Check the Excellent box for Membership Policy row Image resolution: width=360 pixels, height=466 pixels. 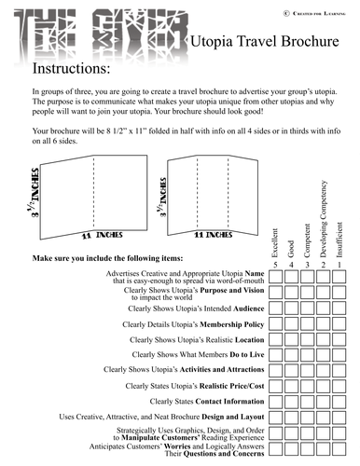tap(275, 323)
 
